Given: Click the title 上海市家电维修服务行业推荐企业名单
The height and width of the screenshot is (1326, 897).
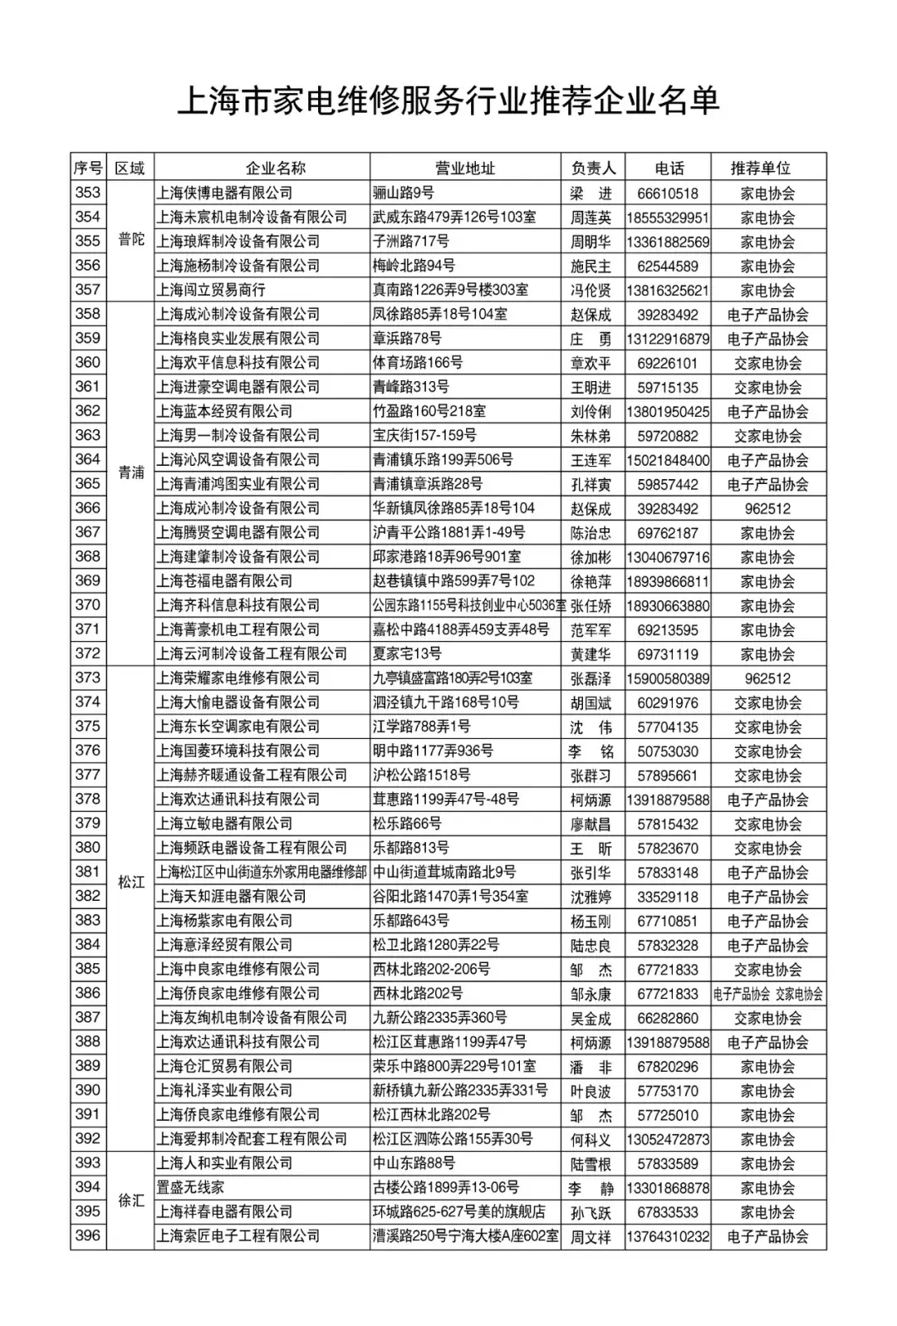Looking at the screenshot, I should click(x=448, y=101).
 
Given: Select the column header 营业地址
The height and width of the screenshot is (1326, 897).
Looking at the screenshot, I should click(x=465, y=168).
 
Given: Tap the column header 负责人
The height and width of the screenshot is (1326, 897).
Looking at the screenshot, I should click(x=593, y=168).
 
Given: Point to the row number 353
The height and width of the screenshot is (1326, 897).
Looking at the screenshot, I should click(x=87, y=193).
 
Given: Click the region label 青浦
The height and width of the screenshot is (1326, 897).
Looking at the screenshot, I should click(x=131, y=472).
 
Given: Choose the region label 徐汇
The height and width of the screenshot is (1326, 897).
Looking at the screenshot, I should click(x=131, y=1200).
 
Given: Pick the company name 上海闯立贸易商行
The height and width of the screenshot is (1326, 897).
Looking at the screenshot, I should click(x=211, y=290).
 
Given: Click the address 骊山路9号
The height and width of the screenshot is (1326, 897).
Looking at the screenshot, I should click(x=404, y=193).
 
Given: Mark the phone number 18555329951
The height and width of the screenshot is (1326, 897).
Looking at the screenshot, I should click(x=668, y=218).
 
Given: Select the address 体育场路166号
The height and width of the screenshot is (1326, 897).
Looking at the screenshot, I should click(x=418, y=363).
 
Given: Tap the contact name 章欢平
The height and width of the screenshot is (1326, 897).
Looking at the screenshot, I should click(x=591, y=364).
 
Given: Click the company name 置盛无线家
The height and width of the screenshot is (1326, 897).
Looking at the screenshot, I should click(x=190, y=1187).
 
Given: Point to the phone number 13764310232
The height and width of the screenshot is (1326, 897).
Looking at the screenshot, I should click(x=668, y=1236).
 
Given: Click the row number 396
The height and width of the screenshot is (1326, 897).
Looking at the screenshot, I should click(x=87, y=1235).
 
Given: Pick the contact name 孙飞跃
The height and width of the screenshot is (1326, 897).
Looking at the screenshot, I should click(x=591, y=1212).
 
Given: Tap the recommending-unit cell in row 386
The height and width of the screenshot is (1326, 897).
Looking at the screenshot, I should click(x=768, y=994).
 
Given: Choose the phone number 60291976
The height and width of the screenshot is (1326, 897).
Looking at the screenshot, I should click(x=668, y=703).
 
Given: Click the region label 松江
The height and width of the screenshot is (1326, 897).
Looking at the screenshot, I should click(x=131, y=882).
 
